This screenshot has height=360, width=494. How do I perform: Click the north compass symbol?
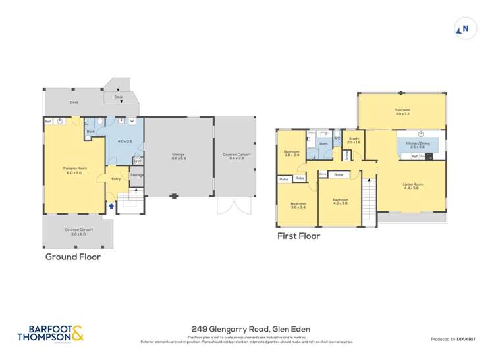(463, 28)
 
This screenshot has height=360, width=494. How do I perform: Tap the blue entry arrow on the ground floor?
(111, 206)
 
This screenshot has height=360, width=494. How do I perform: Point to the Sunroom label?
(402, 111)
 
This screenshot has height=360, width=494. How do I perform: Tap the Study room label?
(354, 140)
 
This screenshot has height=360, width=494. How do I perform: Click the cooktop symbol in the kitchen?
(427, 157)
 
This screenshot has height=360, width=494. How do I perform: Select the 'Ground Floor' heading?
(72, 257)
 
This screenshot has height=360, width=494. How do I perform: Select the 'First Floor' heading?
(298, 236)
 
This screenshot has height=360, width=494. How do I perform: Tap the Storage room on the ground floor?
(136, 175)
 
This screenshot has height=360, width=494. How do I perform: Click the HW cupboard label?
(137, 161)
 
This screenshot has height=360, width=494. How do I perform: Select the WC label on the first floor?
(337, 138)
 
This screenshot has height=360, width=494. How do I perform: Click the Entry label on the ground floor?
(116, 178)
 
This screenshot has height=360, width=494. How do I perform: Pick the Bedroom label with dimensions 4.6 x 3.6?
(340, 202)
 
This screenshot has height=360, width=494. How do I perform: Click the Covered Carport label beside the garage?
(236, 156)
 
